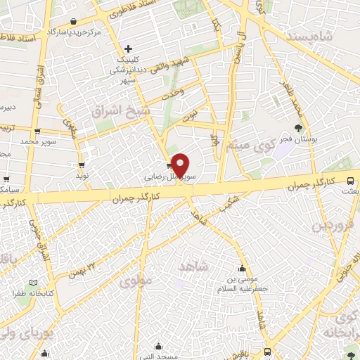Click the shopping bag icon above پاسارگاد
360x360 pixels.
(x=74, y=21)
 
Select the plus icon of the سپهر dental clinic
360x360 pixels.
(x=128, y=49)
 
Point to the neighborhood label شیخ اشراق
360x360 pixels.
(x=117, y=112)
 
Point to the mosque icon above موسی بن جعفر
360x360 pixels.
(x=243, y=269)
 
